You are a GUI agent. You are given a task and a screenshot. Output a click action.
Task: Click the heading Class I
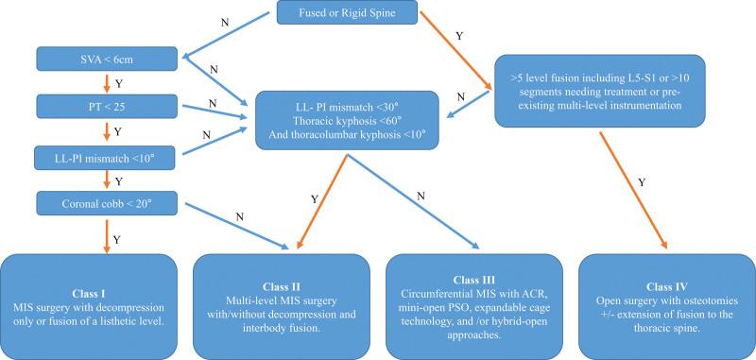click(x=91, y=282)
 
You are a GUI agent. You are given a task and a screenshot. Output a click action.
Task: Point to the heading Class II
click(x=282, y=284)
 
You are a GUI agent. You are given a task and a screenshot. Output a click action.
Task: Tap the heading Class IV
click(x=668, y=281)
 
